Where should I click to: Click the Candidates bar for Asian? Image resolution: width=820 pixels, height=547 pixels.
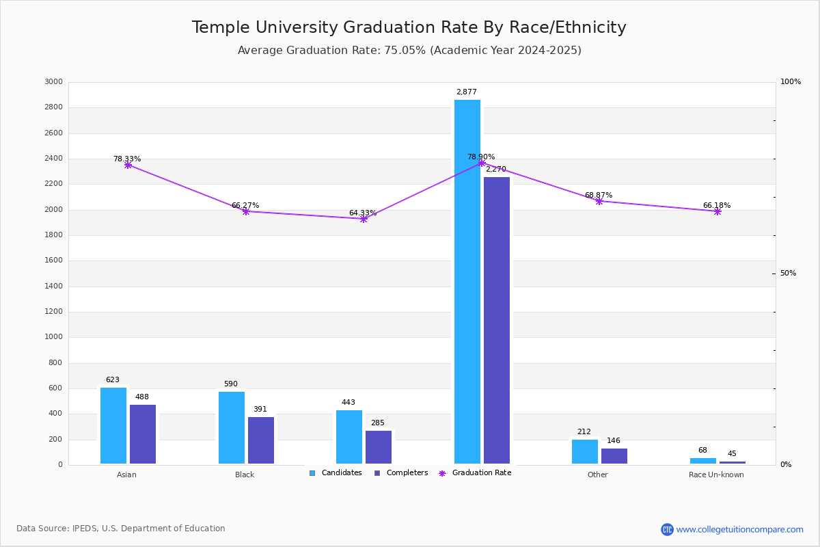tap(113, 425)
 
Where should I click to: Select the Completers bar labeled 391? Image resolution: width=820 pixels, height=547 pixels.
tap(261, 440)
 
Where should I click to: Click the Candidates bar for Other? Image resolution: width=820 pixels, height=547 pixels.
tap(585, 451)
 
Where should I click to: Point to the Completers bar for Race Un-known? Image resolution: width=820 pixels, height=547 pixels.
tap(733, 463)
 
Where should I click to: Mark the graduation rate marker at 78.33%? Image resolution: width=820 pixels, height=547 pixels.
tap(128, 165)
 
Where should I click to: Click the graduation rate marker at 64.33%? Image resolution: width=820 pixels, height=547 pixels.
tap(364, 219)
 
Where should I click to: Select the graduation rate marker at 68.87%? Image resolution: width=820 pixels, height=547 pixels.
tap(599, 201)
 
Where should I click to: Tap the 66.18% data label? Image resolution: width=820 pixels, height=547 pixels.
tap(717, 205)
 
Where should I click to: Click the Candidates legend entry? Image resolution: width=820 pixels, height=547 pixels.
tap(336, 473)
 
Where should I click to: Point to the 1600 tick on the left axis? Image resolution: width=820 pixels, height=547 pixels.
tap(54, 261)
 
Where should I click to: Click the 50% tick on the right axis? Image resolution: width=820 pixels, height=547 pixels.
tap(788, 273)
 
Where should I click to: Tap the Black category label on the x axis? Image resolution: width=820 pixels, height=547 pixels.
tap(245, 475)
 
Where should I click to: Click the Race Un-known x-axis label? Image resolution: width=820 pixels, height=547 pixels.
tap(716, 475)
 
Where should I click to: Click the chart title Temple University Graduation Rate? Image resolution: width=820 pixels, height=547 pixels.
tap(409, 27)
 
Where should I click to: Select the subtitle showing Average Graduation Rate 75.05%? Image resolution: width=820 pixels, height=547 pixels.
tap(409, 51)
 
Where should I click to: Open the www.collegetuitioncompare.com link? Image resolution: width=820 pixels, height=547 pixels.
tap(739, 529)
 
